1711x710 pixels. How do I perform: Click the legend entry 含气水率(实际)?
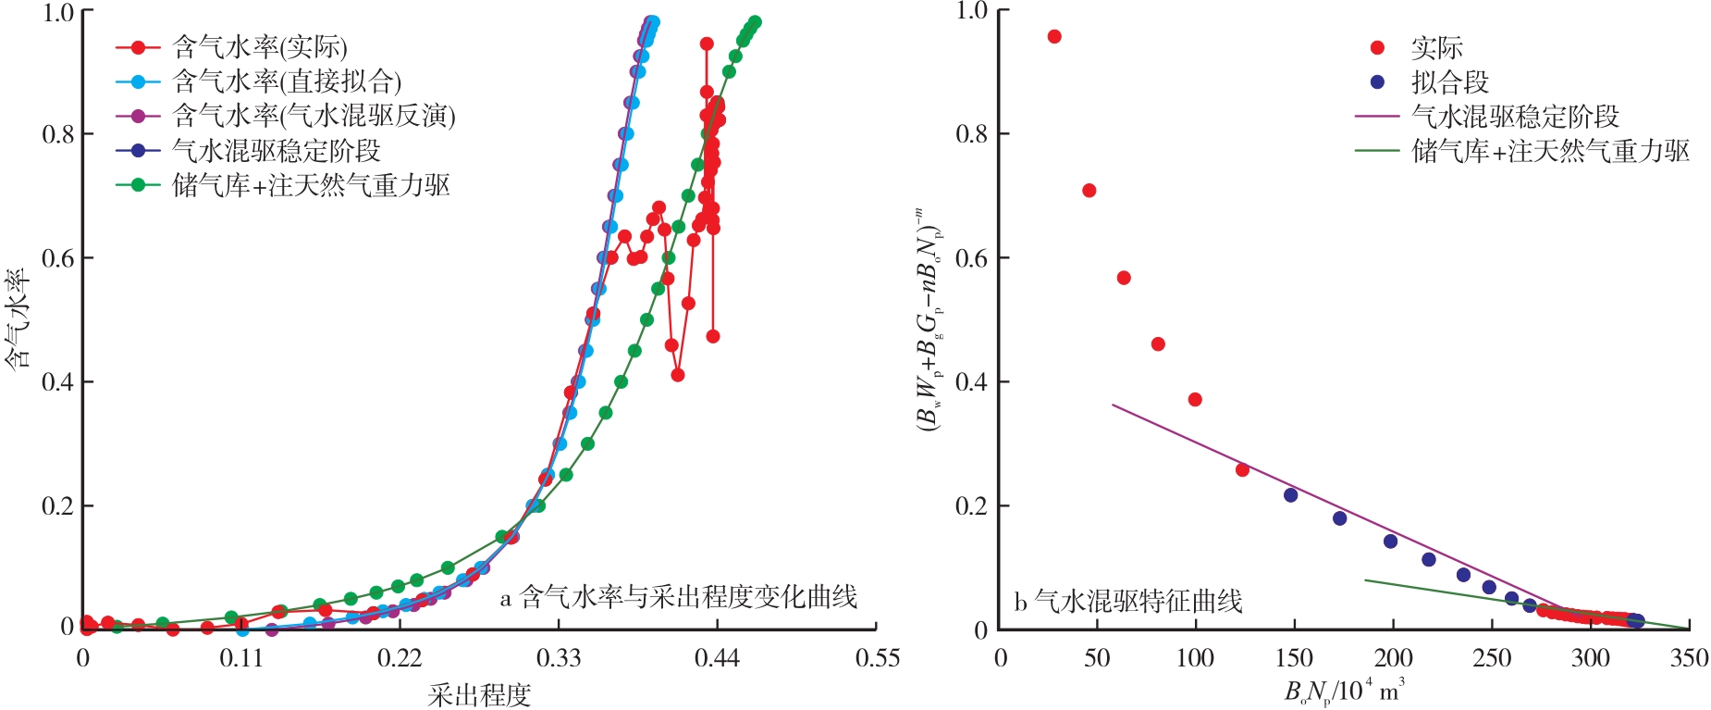tap(260, 47)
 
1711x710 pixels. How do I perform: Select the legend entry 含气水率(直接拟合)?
tap(287, 81)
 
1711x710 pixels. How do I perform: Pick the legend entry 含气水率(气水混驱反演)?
tap(314, 116)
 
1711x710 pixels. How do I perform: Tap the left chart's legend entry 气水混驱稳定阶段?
tap(277, 150)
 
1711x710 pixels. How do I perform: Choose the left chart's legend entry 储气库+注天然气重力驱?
tap(311, 185)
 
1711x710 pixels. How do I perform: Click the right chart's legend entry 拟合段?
tap(1449, 82)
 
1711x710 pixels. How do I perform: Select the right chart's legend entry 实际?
tap(1436, 48)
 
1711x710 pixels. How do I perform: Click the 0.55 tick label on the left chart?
tap(876, 658)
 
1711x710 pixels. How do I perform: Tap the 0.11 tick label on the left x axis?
tap(241, 658)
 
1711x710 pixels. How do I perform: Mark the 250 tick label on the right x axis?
tap(1491, 658)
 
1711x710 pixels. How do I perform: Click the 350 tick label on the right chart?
tap(1688, 658)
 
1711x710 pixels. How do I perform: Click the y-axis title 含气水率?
tap(18, 319)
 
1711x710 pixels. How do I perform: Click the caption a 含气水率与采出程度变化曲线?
tap(679, 597)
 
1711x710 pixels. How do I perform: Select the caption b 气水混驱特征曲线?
tap(1127, 602)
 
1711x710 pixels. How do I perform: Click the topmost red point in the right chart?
tap(1054, 37)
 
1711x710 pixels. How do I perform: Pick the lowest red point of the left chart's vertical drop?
tap(712, 336)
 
